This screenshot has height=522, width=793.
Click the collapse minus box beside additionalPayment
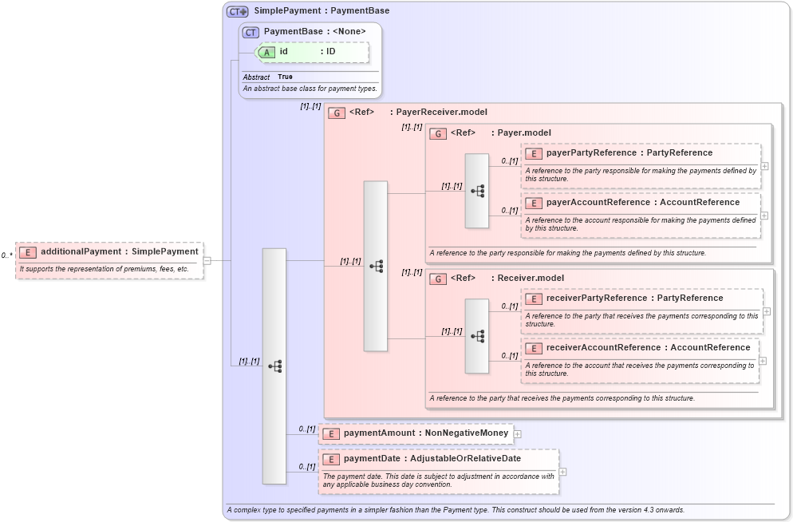pos(207,260)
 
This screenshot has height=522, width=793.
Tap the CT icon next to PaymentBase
pos(251,32)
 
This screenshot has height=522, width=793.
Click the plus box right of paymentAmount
pos(518,434)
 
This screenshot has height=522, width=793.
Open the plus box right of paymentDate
pos(563,472)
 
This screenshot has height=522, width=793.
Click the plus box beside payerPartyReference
pos(764,166)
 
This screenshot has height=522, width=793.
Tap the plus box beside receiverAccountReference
pos(763,361)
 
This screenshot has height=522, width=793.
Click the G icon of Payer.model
pos(437,133)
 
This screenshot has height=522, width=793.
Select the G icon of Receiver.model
pos(437,279)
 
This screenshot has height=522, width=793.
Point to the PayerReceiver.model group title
pos(441,113)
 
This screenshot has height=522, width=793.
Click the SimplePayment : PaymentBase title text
pos(322,11)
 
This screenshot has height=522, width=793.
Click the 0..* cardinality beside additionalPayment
pos(6,255)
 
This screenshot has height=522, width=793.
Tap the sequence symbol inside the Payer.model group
pos(477,191)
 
